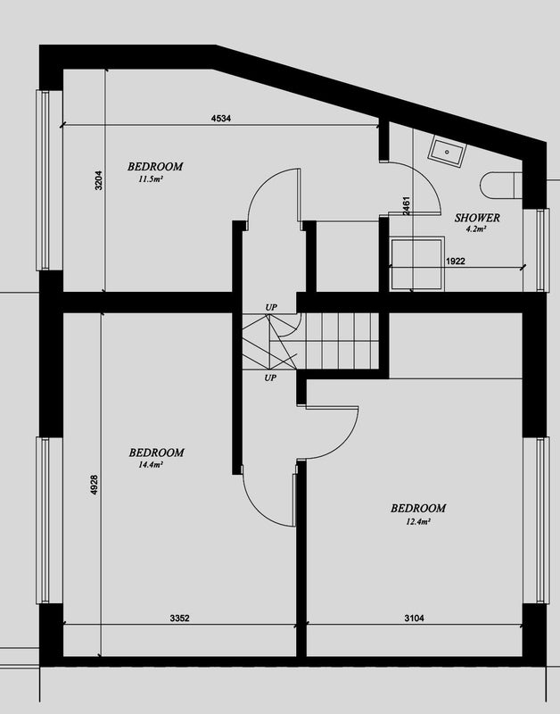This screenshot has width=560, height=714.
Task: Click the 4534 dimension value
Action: point(221,119)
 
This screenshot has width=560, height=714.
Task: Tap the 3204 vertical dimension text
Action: point(99,180)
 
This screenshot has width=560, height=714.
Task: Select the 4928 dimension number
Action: point(95,485)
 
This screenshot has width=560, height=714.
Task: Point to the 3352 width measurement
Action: point(180,618)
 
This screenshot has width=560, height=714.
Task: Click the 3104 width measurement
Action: point(414,618)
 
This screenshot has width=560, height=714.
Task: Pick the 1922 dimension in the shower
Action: point(456,262)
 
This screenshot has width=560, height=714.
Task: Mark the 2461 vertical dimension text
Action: point(407,206)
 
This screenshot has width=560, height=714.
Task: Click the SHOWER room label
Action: point(477,218)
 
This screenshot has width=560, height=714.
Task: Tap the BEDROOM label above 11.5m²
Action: point(155,167)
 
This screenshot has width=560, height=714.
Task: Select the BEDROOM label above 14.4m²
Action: point(156,452)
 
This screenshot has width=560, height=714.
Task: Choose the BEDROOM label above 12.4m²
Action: point(418,508)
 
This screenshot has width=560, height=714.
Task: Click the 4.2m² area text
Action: point(476,229)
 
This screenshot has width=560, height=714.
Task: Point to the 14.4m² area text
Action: point(151,465)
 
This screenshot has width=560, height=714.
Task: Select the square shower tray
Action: point(416,263)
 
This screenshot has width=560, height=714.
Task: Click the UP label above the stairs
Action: point(271,307)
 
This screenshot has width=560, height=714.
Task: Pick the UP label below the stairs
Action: point(270,378)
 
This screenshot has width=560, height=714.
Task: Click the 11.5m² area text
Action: point(151,179)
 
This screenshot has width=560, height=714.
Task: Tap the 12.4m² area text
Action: point(418,521)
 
